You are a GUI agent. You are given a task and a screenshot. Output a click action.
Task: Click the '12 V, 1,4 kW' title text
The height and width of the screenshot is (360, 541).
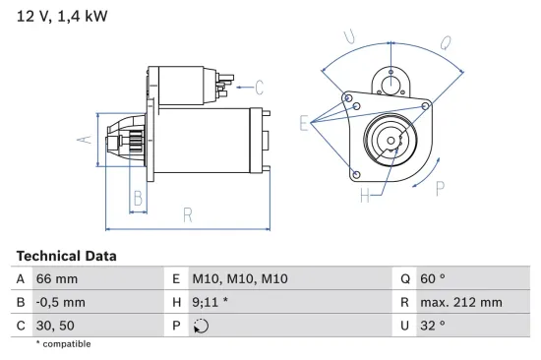click(x=61, y=17)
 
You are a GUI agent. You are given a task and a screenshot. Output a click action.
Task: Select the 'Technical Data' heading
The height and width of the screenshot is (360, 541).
click(x=66, y=256)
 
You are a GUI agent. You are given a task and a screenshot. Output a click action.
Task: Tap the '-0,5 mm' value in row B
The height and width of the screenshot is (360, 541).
click(x=60, y=302)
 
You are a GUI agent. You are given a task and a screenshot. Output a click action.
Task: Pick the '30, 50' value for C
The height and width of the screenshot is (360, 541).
click(x=55, y=325)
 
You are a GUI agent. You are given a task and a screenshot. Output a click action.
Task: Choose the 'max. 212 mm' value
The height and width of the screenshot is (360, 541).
click(x=462, y=302)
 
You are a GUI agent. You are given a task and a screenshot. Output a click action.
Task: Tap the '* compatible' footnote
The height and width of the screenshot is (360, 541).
click(x=63, y=344)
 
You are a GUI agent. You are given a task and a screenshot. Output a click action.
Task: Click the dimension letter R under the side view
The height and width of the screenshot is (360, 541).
click(x=187, y=214)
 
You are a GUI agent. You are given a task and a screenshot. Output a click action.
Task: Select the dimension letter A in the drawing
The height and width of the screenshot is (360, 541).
click(x=86, y=139)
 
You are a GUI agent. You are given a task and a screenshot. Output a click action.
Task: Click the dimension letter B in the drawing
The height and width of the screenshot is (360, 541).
click(x=138, y=199)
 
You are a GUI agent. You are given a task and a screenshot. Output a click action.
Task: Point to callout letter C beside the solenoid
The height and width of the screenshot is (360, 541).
click(x=259, y=86)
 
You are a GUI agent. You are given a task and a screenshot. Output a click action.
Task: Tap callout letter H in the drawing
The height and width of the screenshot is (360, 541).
click(x=364, y=196)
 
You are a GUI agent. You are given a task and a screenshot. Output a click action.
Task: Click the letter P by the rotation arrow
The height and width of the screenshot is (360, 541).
click(x=440, y=187)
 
